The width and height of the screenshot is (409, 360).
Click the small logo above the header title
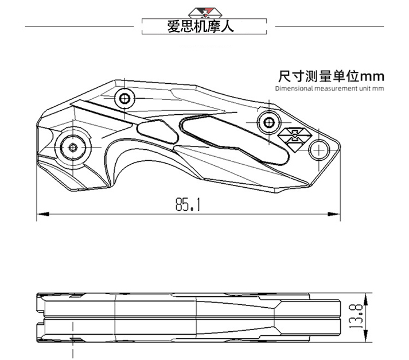pos(205,12)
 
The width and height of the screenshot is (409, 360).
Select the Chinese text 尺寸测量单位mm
pos(330,76)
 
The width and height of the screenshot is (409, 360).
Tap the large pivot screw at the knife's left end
pos(73,147)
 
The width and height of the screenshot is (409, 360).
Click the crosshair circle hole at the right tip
pos(318,150)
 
